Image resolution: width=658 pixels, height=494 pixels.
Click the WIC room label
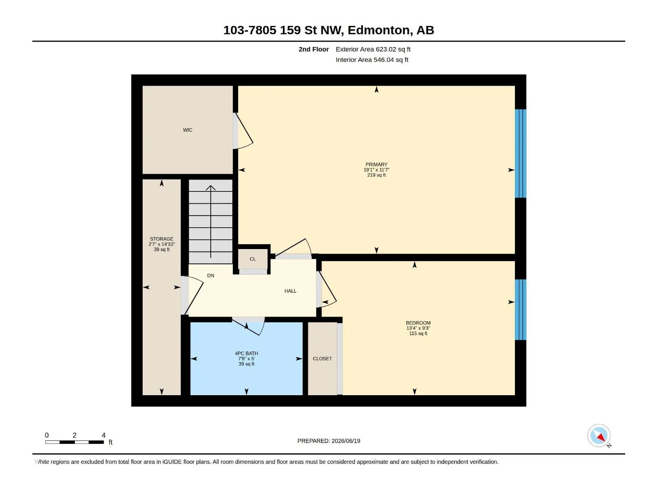188,130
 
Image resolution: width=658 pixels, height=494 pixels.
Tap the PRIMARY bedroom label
376,164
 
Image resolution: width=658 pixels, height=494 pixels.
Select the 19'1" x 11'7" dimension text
376,170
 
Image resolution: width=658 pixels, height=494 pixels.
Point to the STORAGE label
162,239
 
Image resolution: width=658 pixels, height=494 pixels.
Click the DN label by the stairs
211,275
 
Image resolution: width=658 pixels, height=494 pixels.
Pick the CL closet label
253,259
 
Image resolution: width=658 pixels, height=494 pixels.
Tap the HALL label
290,291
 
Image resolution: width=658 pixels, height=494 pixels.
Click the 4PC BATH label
246,353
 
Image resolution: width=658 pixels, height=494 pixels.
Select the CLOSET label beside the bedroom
322,359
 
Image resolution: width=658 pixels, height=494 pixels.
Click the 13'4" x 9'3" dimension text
418,328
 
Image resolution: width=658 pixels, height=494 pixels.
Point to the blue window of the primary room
520,153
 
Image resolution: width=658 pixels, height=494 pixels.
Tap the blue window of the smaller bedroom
520,310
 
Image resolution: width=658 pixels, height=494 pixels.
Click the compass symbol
599,435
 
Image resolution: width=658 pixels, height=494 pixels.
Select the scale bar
74,442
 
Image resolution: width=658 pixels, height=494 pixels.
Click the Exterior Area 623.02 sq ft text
373,49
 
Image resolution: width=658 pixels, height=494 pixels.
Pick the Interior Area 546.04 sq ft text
372,60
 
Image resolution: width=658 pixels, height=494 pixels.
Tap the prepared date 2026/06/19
345,440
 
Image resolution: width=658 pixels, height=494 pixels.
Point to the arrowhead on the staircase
211,188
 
